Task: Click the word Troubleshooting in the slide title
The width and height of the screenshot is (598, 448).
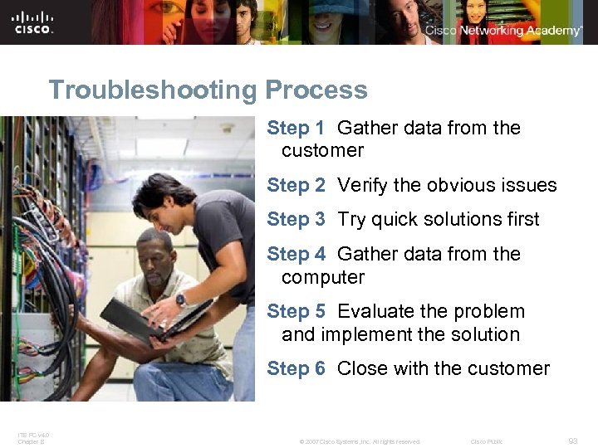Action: (x=154, y=90)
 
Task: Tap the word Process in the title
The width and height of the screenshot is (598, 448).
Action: (x=316, y=90)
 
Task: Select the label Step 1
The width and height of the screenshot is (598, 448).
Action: (x=296, y=129)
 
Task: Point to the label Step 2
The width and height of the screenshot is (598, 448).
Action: (x=296, y=186)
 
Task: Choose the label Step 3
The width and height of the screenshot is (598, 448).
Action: (x=296, y=220)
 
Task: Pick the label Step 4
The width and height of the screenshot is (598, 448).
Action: (x=296, y=254)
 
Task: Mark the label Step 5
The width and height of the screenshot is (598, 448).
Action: (x=296, y=312)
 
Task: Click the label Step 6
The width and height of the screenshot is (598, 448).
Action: (x=296, y=368)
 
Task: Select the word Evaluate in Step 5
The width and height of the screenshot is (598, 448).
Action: (x=377, y=312)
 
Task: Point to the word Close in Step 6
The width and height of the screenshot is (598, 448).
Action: (x=363, y=368)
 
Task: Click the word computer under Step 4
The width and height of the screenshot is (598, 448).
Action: (x=323, y=277)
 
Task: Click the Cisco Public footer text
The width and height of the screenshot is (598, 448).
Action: (x=487, y=441)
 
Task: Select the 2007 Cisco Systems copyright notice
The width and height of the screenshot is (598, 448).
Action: (x=360, y=441)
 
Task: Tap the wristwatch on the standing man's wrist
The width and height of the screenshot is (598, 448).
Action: (x=180, y=301)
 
